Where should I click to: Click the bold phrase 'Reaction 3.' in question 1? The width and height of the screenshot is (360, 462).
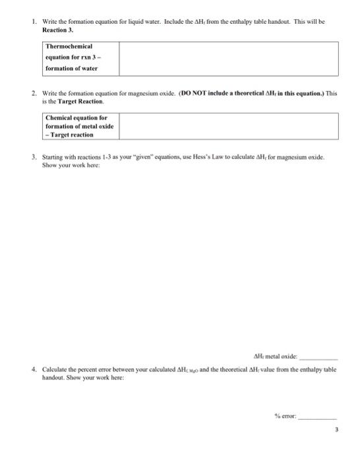click(59, 30)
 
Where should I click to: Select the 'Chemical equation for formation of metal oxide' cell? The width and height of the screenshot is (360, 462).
click(76, 126)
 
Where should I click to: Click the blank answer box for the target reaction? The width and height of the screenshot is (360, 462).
click(228, 126)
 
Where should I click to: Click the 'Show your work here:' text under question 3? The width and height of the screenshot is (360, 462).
click(68, 166)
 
